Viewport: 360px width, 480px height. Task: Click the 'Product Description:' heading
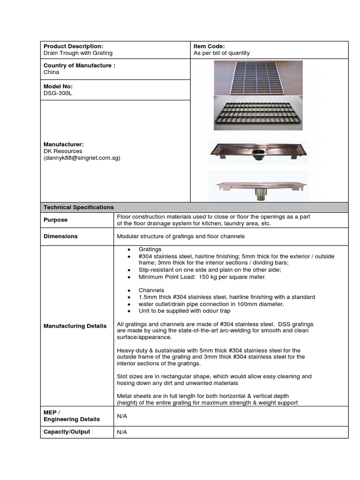point(73,46)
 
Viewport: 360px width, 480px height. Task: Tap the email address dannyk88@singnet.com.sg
point(82,158)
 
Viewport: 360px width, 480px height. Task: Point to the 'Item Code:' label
point(209,46)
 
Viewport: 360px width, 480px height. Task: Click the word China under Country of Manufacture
point(52,72)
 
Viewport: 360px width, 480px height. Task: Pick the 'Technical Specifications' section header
point(79,207)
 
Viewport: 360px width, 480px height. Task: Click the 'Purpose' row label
point(56,220)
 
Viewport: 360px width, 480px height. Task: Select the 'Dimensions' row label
point(60,236)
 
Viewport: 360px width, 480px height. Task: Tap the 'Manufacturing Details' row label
point(75,326)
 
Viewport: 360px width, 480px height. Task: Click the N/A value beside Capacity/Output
point(122,432)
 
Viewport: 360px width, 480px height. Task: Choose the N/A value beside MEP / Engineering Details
point(122,416)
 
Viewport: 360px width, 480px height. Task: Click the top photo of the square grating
point(258,77)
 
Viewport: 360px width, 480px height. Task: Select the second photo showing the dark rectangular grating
point(258,113)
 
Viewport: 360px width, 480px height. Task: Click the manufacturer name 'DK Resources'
point(63,151)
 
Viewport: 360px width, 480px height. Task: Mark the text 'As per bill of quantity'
point(222,53)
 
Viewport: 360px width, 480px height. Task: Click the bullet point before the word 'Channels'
point(128,291)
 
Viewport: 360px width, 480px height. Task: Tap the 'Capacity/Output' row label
point(67,432)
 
